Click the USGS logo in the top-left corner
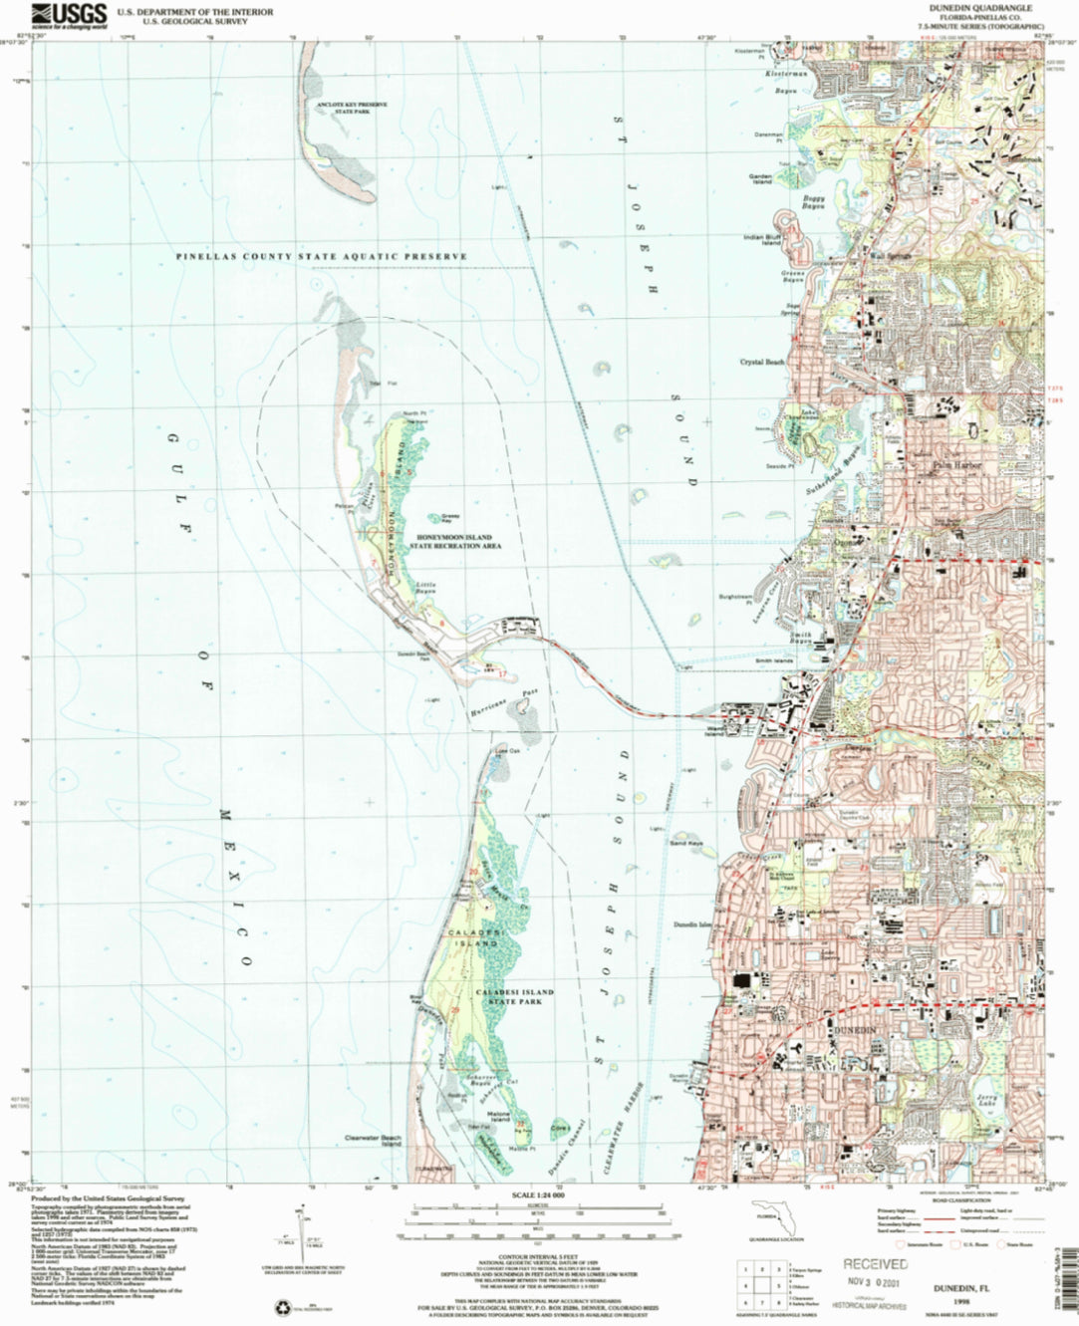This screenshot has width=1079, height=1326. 69,15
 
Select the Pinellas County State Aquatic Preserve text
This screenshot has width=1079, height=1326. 321,257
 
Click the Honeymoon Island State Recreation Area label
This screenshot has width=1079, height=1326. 458,543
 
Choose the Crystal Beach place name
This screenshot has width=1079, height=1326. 762,362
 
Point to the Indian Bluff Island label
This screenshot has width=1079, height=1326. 762,240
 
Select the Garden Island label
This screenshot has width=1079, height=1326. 760,179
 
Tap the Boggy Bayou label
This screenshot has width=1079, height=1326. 813,201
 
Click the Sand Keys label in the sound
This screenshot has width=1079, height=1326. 685,843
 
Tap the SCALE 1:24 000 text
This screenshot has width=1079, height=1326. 538,1195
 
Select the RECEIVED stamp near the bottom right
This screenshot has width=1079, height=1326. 875,1264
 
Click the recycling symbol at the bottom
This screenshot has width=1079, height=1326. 281,1307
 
